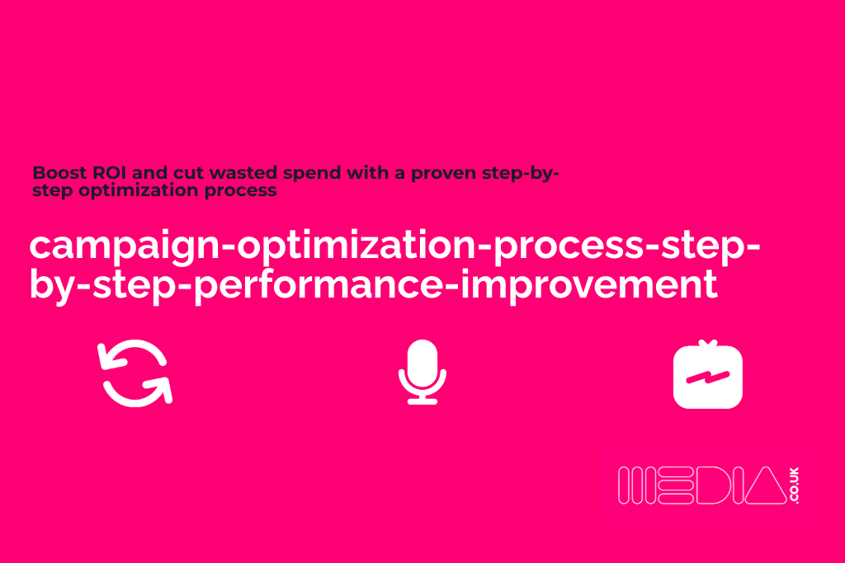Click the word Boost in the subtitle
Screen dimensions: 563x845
[x=56, y=174]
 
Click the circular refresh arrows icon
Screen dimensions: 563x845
[x=135, y=373]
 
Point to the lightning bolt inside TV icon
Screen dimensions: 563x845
[x=707, y=378]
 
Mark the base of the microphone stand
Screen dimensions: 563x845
[x=422, y=401]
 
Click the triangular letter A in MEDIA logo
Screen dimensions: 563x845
[x=763, y=485]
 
